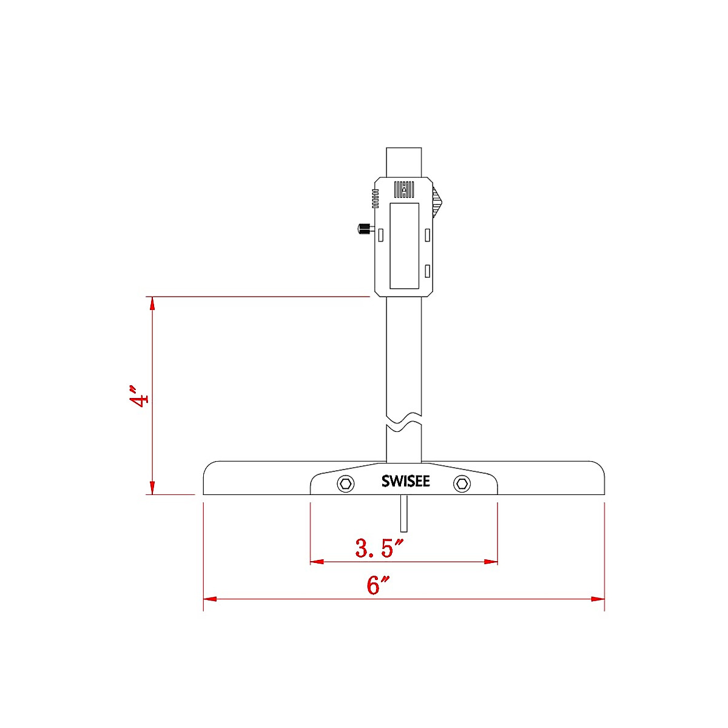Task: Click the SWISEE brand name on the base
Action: pos(405,482)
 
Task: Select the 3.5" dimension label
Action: pos(379,548)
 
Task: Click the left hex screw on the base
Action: pos(346,484)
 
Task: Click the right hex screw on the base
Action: pos(462,484)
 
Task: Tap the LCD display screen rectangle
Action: pos(404,246)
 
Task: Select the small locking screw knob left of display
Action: pos(363,229)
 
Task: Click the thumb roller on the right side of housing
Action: pos(437,202)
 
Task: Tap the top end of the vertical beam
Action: pos(404,150)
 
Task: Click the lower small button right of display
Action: pos(428,271)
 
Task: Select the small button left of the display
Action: pos(381,234)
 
